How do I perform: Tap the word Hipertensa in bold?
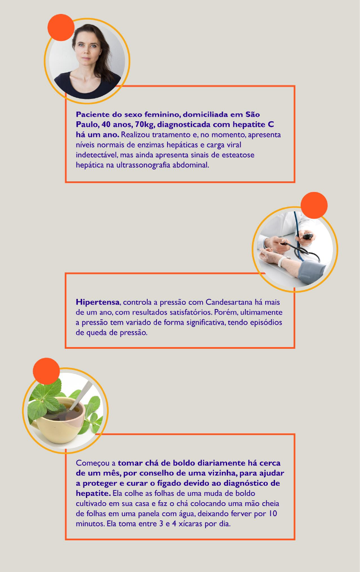pos(98,303)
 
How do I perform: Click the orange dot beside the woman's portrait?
pos(61,27)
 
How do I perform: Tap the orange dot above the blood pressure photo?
pos(314,205)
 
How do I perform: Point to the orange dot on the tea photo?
pos(46,371)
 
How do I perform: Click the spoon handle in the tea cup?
pos(81,394)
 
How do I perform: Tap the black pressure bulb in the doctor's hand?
pos(308,236)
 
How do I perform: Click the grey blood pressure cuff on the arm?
pos(312,272)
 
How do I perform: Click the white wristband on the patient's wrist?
pos(281,262)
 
